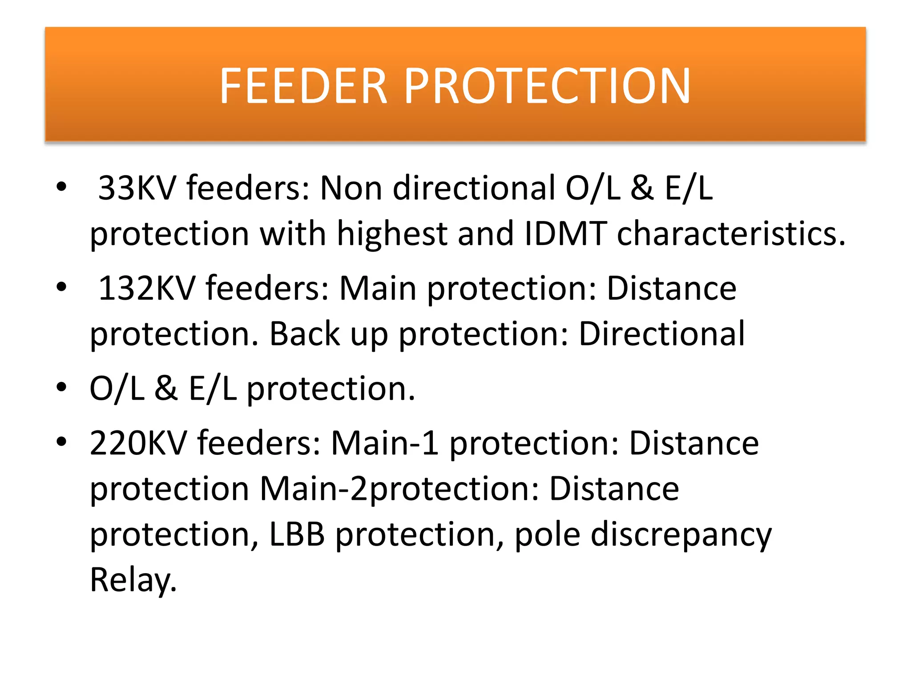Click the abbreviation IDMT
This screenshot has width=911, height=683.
pos(566,233)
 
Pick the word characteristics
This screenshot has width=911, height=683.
pos(731,233)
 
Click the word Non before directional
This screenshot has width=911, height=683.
pos(351,188)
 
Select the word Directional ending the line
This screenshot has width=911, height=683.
pos(661,334)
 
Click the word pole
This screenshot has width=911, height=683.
pos(547,535)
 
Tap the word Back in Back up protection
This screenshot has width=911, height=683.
pos(305,334)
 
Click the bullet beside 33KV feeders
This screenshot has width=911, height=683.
pos(61,186)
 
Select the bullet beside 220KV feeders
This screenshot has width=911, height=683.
pos(61,442)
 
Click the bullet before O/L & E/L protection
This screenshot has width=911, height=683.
pos(61,387)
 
